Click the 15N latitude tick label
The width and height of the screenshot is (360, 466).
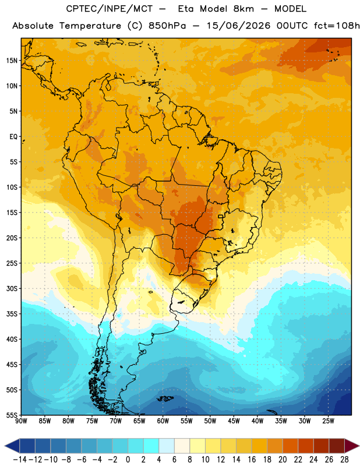(12, 61)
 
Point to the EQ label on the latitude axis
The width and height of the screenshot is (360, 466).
(13, 137)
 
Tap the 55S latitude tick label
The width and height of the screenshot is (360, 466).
(12, 415)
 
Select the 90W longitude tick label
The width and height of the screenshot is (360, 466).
(22, 421)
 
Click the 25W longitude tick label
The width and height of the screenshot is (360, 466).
(328, 421)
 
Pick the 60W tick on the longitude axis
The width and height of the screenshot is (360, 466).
(163, 421)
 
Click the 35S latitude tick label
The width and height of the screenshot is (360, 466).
(12, 314)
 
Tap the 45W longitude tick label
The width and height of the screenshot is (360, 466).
(234, 421)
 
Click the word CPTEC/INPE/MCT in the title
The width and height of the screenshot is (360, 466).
(109, 9)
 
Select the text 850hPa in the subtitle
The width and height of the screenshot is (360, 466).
(167, 26)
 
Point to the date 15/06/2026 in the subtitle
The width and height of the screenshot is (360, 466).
(238, 26)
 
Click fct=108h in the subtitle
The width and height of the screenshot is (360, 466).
(337, 26)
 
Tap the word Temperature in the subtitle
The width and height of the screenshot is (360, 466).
(90, 26)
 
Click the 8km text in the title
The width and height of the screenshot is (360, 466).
(243, 9)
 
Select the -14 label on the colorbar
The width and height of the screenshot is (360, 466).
(20, 460)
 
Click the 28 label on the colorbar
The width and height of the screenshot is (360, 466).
(344, 460)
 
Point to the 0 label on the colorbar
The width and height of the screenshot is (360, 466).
(128, 460)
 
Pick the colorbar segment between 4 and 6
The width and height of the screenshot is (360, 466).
(167, 446)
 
